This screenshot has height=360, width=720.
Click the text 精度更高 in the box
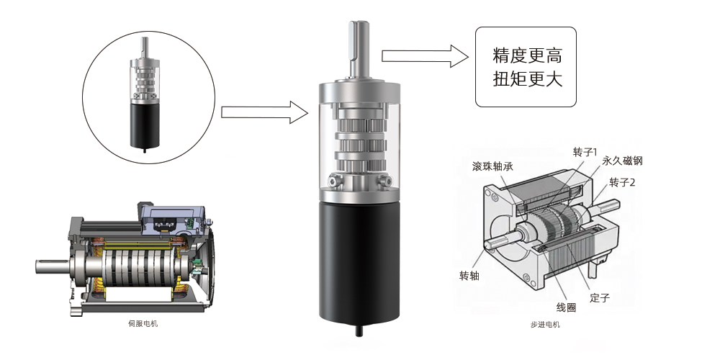[526, 55]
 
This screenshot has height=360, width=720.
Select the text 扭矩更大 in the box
[526, 78]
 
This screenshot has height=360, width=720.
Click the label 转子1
[585, 152]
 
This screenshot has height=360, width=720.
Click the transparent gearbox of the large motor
[359, 144]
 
